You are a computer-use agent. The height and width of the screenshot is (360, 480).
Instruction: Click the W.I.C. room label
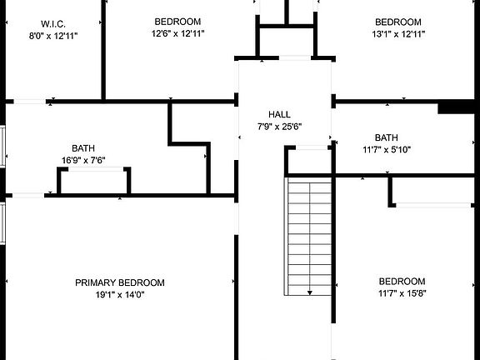point(53,24)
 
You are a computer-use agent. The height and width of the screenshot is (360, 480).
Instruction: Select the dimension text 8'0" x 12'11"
point(53,36)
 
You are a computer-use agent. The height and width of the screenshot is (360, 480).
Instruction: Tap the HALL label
point(279,114)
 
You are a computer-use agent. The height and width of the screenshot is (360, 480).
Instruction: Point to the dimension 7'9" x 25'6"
point(279,127)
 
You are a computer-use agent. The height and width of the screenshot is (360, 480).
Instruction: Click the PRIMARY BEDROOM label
point(120,282)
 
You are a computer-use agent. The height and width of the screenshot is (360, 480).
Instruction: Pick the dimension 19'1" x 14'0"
point(120,295)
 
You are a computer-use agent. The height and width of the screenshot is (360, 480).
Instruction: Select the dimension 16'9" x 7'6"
point(83,160)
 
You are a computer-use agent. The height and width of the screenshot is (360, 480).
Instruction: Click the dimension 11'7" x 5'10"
point(387,150)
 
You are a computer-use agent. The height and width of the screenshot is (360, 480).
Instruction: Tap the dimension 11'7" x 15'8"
point(402,293)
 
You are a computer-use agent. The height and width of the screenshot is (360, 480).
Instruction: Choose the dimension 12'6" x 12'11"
point(177,33)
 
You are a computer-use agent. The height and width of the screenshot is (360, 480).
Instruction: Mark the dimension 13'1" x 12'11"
point(398,34)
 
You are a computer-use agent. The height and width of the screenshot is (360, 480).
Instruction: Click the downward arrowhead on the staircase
point(309,292)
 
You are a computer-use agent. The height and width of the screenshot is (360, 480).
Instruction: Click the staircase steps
point(308,237)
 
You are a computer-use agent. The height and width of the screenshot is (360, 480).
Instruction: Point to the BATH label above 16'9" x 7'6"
point(83,148)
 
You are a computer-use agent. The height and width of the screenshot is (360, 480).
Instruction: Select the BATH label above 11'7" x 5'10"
point(387,137)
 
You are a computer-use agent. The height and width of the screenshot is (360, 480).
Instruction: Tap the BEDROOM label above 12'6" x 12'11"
point(177,22)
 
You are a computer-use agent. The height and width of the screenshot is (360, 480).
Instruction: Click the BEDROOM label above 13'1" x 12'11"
point(398,22)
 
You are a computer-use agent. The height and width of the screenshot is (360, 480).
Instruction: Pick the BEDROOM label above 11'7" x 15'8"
point(402,282)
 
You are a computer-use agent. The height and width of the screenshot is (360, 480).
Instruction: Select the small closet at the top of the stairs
point(309,161)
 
